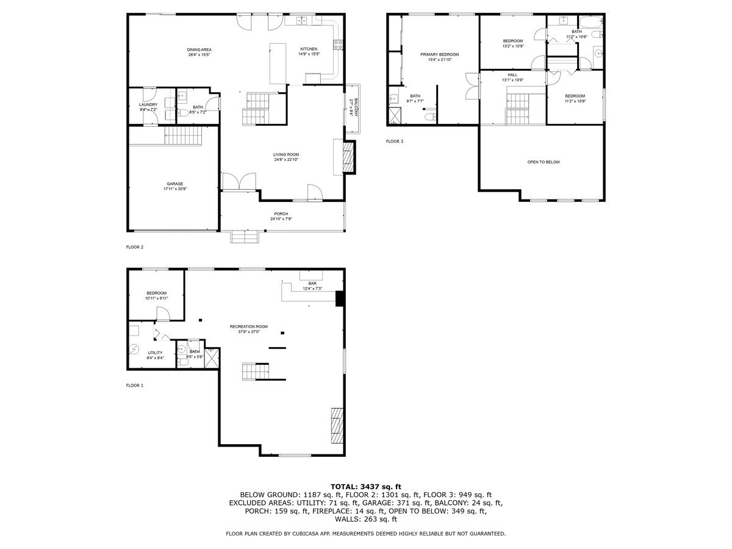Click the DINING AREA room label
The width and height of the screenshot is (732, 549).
point(199,49)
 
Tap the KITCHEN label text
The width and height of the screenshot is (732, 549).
point(309,49)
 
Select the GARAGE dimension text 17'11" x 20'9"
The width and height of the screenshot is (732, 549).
point(175,189)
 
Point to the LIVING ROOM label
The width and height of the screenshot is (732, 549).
point(286,154)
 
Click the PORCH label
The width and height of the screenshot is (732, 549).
point(281,213)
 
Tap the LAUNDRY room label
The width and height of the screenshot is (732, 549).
point(148,104)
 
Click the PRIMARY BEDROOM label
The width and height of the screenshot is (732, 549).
point(439,54)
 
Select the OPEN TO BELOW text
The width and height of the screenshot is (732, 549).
point(544,162)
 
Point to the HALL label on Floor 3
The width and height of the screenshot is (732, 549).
point(513,75)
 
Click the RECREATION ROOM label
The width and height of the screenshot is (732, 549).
point(249,326)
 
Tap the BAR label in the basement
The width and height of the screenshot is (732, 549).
point(312,283)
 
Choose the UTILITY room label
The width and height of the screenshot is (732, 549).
point(155,353)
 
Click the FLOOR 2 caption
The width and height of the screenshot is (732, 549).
point(134,247)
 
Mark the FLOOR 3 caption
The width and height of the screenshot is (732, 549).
point(395,141)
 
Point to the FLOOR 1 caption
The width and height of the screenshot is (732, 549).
point(134,386)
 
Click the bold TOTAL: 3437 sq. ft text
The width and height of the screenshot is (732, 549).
point(366,486)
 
